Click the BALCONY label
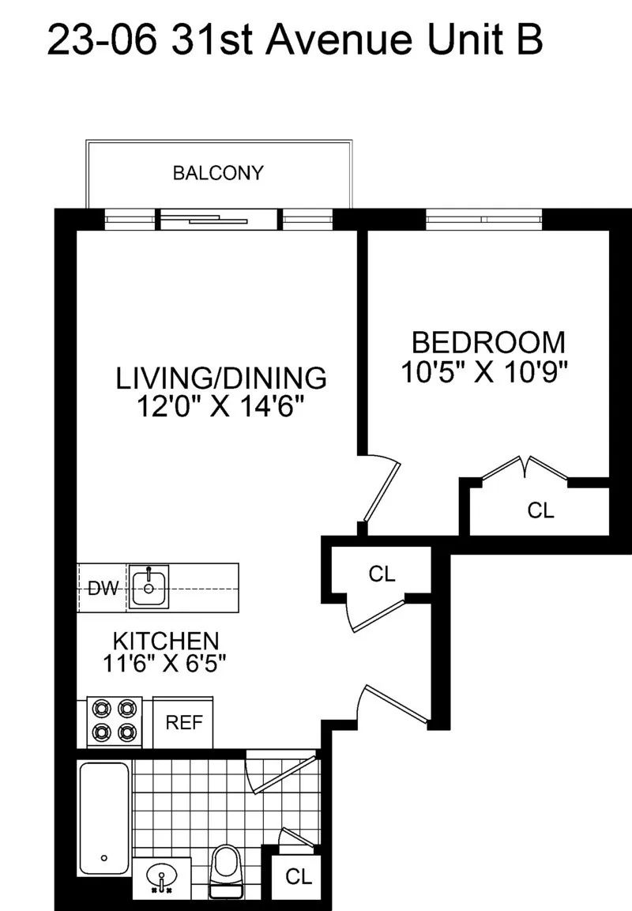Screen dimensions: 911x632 [218, 173]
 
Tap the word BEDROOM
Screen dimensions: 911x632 [488, 343]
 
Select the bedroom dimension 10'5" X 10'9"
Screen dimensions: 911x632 [486, 372]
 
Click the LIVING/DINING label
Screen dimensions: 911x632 [221, 378]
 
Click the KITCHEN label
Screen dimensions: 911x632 [165, 639]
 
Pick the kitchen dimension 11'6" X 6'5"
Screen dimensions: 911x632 [165, 664]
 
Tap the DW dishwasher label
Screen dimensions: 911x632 [102, 588]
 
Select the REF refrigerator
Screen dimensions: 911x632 [182, 722]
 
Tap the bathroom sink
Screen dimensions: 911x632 [161, 879]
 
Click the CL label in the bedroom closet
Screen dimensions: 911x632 [540, 510]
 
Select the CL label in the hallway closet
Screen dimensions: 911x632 [382, 574]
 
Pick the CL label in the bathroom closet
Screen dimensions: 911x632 [299, 876]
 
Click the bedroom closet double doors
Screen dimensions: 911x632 [525, 468]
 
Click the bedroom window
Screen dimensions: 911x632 [484, 218]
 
